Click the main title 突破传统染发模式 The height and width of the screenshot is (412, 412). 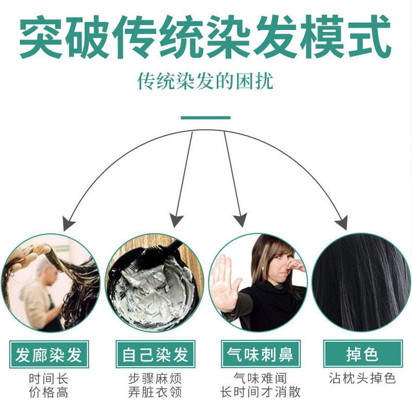coord(205,37)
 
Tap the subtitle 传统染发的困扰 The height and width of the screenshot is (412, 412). coord(205,81)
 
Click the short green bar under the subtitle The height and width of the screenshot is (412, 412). coord(205,118)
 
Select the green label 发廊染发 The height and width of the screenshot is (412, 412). coord(49,354)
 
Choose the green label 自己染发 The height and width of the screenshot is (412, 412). coord(156,354)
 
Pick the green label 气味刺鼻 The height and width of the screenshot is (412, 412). coord(261,354)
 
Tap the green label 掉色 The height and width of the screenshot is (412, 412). coord(363,354)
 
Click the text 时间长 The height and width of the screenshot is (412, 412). coord(48,379)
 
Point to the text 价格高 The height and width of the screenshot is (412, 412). coord(48,392)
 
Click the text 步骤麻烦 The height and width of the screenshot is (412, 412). coord(155,379)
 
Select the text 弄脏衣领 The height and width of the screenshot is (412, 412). coord(155,392)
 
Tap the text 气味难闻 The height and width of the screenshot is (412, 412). coord(260,379)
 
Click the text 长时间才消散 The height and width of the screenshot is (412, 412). coord(260,392)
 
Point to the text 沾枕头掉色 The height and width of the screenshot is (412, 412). coord(363,378)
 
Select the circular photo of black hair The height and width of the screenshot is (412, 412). coord(361,282)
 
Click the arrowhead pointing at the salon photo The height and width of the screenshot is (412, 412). coord(68,224)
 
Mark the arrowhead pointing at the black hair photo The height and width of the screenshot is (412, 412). coord(342,222)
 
